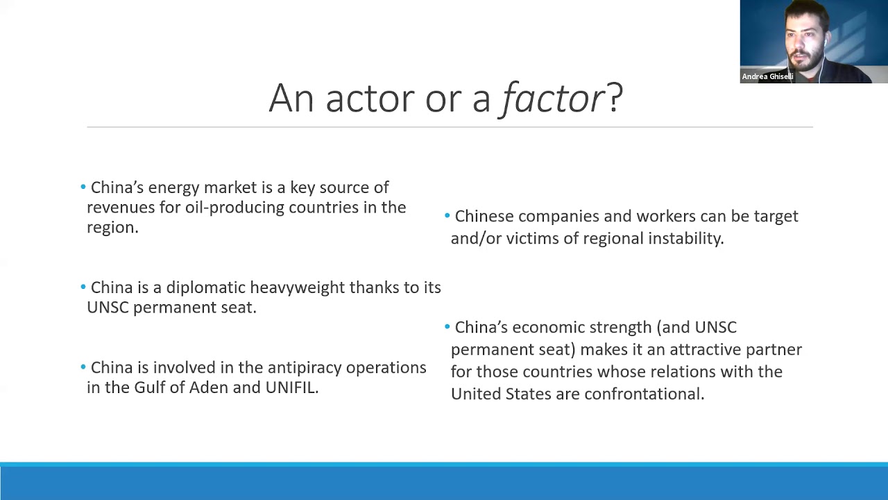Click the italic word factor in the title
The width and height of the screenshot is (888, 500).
click(x=553, y=98)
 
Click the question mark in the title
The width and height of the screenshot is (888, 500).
click(x=615, y=98)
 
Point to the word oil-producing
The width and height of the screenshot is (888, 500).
click(x=234, y=208)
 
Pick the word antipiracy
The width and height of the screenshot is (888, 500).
click(x=304, y=368)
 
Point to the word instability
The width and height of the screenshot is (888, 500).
click(x=685, y=238)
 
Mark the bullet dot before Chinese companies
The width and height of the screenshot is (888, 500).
click(x=447, y=216)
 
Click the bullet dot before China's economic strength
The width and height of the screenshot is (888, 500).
click(x=447, y=326)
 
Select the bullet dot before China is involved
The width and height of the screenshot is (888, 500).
click(x=83, y=367)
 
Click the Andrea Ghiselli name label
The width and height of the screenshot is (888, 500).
click(x=767, y=76)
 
